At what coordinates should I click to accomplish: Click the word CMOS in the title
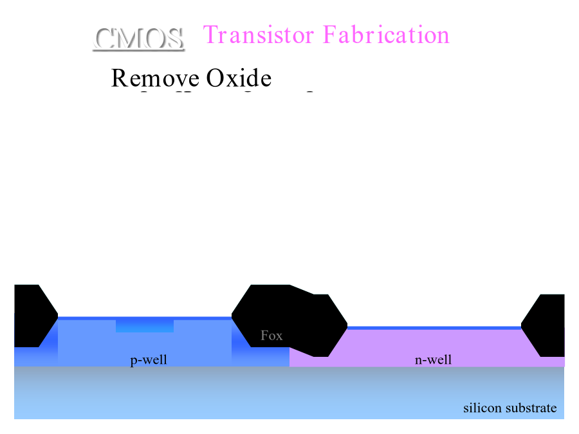coord(139,39)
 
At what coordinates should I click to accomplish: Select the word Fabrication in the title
coord(386,35)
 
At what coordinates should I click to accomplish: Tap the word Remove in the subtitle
coord(154,78)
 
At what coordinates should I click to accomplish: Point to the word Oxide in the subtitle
coord(239,78)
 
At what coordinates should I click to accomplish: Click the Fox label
coord(271,336)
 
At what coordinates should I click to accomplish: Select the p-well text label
coord(149,359)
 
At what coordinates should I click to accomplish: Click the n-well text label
coord(433,359)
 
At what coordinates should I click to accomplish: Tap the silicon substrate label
coord(510,408)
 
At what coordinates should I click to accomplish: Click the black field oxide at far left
coord(31,315)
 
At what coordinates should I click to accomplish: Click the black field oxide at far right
coord(546,325)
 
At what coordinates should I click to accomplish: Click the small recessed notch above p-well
coord(145,326)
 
